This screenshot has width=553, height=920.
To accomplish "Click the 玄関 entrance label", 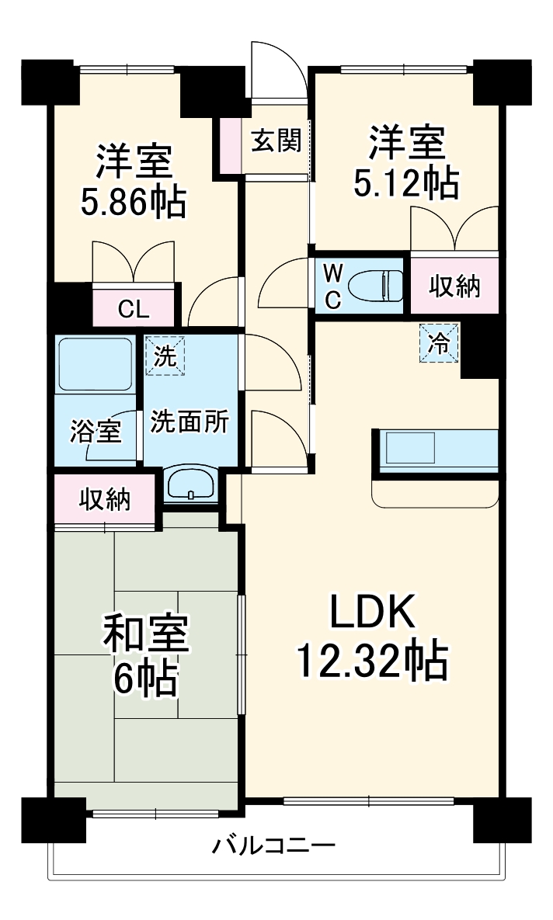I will click(x=275, y=141).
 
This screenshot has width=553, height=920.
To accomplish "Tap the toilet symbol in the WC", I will click(x=374, y=286).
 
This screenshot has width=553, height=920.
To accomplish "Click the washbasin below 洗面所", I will click(x=190, y=485).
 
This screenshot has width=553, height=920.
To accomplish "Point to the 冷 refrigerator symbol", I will click(x=440, y=342).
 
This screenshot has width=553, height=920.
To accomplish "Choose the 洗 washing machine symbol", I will click(x=165, y=356).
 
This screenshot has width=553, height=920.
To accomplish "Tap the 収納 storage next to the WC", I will click(x=455, y=286).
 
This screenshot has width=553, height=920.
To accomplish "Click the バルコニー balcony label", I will click(x=274, y=844).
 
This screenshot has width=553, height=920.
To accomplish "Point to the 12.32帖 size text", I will click(x=370, y=661).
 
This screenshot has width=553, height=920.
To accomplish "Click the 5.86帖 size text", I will click(x=133, y=203).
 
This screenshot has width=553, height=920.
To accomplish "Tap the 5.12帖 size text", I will click(x=405, y=183).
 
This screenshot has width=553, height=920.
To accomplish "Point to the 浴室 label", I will click(x=96, y=432).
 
